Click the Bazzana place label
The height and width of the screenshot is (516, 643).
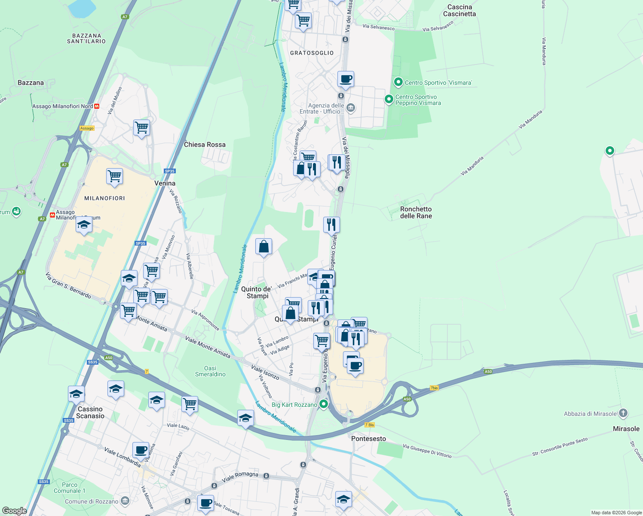tap(31, 83)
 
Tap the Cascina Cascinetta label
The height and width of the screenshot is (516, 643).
tap(459, 10)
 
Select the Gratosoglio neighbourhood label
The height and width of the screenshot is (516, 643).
tap(312, 53)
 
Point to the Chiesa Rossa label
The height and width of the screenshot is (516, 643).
tap(205, 144)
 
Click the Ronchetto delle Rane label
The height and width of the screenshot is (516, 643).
tap(416, 212)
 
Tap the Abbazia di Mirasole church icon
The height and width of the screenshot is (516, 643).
tap(623, 414)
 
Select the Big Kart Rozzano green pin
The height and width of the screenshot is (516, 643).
tap(324, 404)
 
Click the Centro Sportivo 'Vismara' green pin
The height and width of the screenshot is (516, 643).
tap(398, 82)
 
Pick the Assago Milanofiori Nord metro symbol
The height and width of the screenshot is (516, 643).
tap(97, 106)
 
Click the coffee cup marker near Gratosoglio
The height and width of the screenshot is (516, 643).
tap(346, 80)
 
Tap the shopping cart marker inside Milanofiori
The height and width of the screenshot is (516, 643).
tap(114, 176)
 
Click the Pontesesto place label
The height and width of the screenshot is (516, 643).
tap(368, 439)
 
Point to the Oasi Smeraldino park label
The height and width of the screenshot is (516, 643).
tap(210, 371)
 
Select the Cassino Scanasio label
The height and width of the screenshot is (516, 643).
tap(90, 412)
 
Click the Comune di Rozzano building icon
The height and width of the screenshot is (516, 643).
tap(125, 501)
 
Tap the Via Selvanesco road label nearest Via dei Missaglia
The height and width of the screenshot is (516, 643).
tap(378, 28)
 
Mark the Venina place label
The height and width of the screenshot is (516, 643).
tap(165, 183)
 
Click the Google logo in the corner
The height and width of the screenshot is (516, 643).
tap(14, 511)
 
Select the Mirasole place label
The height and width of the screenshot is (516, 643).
tap(626, 429)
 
